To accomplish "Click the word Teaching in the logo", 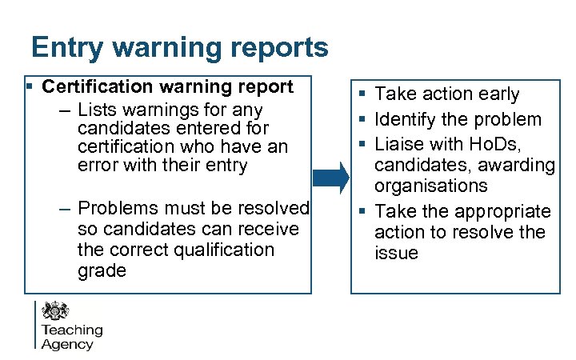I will tap(72, 330).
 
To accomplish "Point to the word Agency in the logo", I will tap(67, 344).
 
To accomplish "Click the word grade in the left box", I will tap(102, 270).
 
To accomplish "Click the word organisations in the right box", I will tap(431, 186).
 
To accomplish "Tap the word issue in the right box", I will tap(396, 253).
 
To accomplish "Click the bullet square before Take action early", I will tap(363, 94).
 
